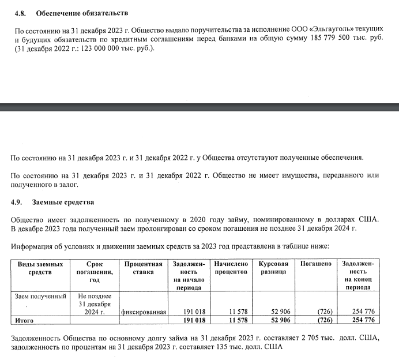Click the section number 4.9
pyautogui.click(x=18, y=202)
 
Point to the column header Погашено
pyautogui.click(x=316, y=263)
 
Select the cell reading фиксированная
pyautogui.click(x=144, y=312)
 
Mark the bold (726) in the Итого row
pyautogui.click(x=325, y=320)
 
